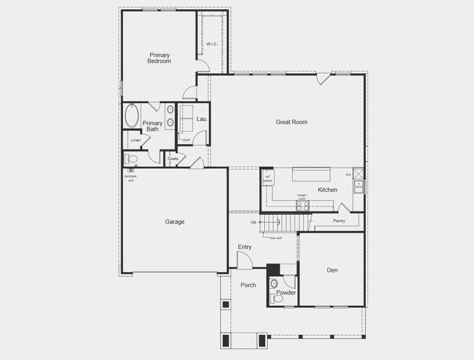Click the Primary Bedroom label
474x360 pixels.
(160, 58)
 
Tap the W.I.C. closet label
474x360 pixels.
(212, 44)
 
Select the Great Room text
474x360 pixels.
(292, 122)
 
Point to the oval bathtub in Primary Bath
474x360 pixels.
(132, 116)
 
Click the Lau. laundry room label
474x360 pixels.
(202, 119)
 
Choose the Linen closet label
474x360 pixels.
(136, 140)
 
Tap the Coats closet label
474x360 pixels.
(173, 158)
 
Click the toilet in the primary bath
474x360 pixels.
(131, 159)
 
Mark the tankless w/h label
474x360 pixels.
(130, 178)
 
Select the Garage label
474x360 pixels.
(175, 222)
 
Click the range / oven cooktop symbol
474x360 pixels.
(302, 206)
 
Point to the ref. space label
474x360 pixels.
(268, 178)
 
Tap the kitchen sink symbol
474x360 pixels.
(359, 187)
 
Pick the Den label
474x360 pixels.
(332, 271)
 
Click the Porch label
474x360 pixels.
(248, 285)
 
